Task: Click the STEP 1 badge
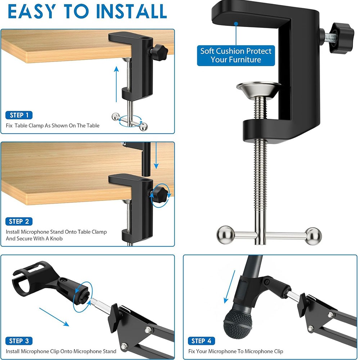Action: [19, 115]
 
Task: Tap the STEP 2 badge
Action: [19, 221]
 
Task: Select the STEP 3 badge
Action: [19, 341]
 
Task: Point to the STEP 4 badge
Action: [201, 341]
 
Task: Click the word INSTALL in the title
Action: [131, 11]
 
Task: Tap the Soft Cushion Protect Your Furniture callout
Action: [236, 55]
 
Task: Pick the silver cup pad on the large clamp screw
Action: [259, 90]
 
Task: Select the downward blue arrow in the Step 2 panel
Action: [156, 156]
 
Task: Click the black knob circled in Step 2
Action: [159, 195]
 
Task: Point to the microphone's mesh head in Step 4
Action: [238, 324]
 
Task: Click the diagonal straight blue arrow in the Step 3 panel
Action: [54, 317]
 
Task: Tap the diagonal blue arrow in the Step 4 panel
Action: [229, 287]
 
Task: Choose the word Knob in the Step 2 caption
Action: [56, 239]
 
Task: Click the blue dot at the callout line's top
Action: [236, 23]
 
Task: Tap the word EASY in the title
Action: [32, 11]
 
